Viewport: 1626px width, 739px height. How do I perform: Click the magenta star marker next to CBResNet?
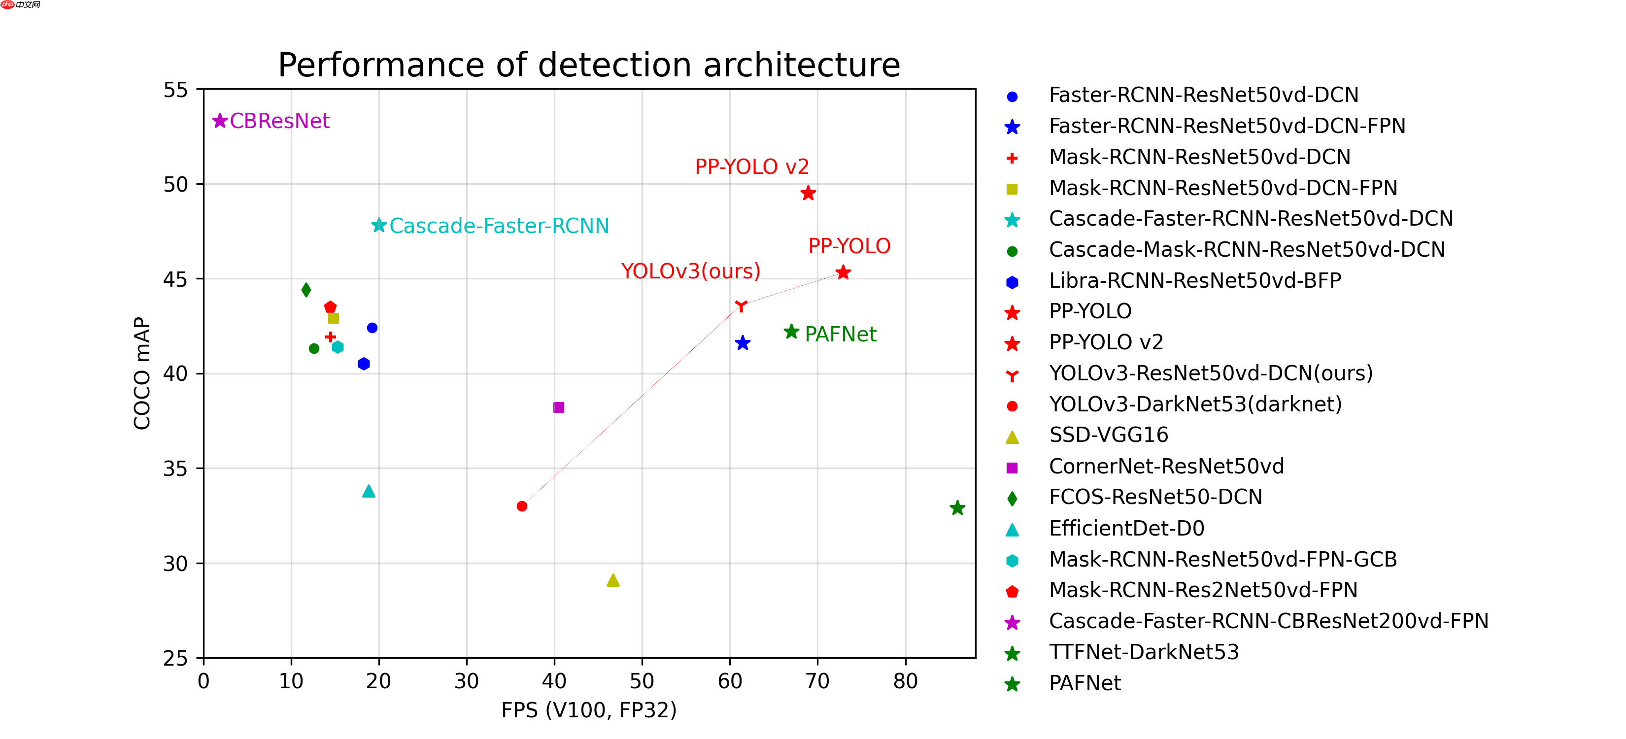pyautogui.click(x=220, y=121)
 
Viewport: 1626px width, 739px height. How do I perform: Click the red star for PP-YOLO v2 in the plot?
pyautogui.click(x=808, y=193)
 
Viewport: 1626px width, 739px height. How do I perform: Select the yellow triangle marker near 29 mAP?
pyautogui.click(x=613, y=580)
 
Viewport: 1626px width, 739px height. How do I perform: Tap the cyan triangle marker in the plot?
pyautogui.click(x=369, y=492)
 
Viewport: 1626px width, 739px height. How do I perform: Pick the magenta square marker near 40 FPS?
pyautogui.click(x=559, y=407)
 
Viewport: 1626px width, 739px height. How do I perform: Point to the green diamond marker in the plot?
pyautogui.click(x=306, y=290)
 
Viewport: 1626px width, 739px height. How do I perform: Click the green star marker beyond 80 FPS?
pyautogui.click(x=957, y=508)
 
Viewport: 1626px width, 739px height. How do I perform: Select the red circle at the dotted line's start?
pyautogui.click(x=522, y=506)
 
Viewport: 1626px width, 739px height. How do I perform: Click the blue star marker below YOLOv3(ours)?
pyautogui.click(x=743, y=343)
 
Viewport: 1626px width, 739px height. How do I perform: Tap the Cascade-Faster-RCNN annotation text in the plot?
pyautogui.click(x=499, y=226)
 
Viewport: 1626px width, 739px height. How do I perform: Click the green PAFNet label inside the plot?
pyautogui.click(x=840, y=334)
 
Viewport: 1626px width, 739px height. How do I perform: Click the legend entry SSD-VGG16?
pyautogui.click(x=1109, y=435)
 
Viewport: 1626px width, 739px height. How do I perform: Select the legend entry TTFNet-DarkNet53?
pyautogui.click(x=1143, y=652)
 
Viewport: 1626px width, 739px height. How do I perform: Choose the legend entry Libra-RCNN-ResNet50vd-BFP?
pyautogui.click(x=1194, y=280)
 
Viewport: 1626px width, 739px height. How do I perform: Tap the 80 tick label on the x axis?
pyautogui.click(x=905, y=681)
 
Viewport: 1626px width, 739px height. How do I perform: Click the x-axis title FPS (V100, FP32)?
pyautogui.click(x=588, y=710)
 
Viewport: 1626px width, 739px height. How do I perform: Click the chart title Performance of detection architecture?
pyautogui.click(x=588, y=65)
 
